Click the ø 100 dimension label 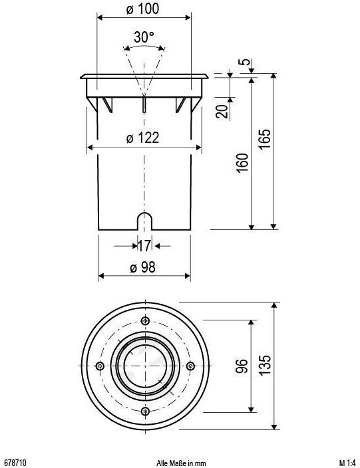pos(142,9)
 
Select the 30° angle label pos(144,37)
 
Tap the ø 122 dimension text pos(142,138)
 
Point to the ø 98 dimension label pos(142,267)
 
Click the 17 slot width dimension pos(144,246)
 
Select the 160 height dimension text pos(242,162)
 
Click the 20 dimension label pos(222,111)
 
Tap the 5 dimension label pos(245,62)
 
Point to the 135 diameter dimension pos(265,364)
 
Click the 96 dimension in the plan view pos(242,366)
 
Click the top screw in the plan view pos(146,321)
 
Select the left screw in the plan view pos(100,366)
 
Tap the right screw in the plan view pos(190,366)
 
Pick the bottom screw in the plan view pos(146,411)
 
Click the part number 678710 pos(15,463)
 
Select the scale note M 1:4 pos(347,463)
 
